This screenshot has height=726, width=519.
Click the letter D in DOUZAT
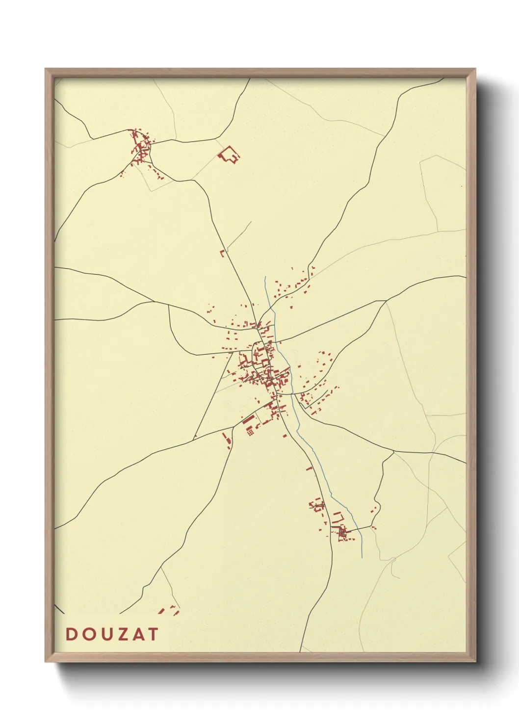click(71, 634)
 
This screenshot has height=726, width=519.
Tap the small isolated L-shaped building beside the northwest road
click(222, 253)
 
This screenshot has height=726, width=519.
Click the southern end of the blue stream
click(362, 557)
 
